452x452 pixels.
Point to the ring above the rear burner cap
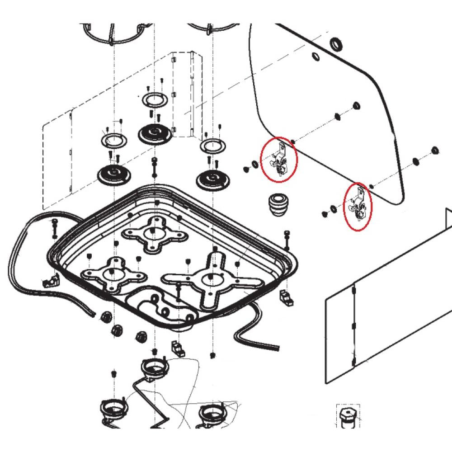155,99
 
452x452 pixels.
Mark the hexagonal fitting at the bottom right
347,416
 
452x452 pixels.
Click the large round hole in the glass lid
335,44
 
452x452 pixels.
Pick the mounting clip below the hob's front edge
177,348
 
